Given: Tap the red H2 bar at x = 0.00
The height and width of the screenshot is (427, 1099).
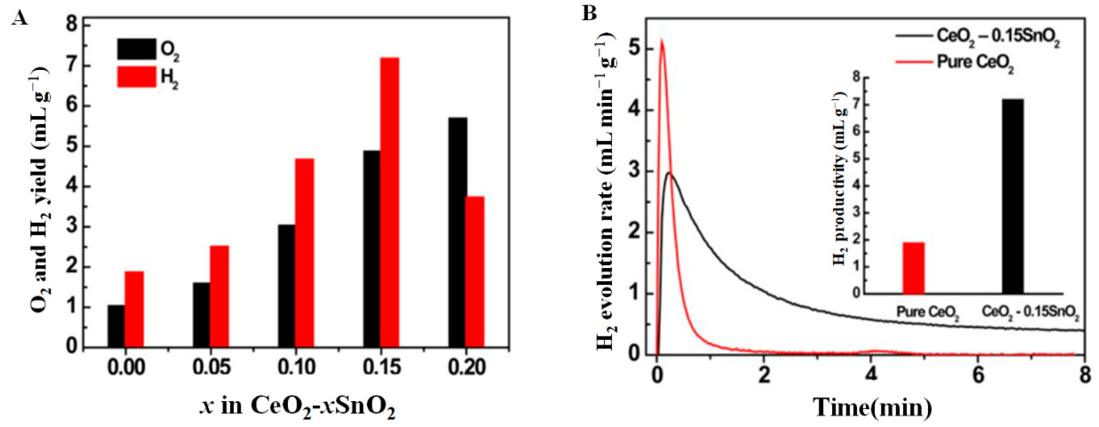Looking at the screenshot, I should (x=134, y=309).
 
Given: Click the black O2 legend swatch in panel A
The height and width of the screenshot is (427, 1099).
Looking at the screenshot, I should (x=137, y=49).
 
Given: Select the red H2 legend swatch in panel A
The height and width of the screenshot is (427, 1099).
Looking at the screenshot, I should (x=137, y=77).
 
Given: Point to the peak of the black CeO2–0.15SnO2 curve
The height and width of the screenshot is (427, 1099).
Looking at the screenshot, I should (x=670, y=173).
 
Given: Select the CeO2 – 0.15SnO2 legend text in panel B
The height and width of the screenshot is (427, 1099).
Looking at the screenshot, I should (x=998, y=37).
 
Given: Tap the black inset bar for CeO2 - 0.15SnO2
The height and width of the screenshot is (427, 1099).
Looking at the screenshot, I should (x=1012, y=196).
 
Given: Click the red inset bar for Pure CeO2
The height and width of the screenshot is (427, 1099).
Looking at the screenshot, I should (x=913, y=268).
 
